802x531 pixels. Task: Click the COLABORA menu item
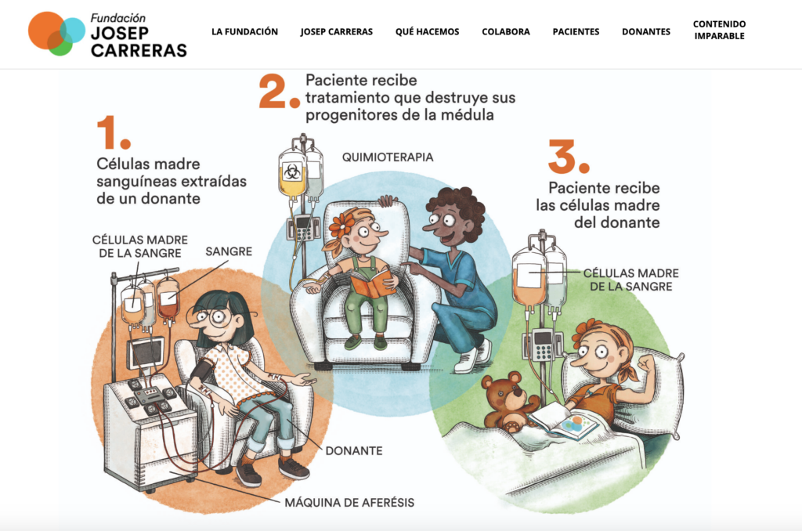505,31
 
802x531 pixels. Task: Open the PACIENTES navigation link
576,31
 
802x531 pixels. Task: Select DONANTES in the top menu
646,31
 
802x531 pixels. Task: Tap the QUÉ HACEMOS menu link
427,31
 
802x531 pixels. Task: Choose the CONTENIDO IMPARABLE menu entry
719,31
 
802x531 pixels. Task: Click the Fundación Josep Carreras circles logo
56,33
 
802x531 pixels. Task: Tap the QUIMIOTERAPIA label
388,157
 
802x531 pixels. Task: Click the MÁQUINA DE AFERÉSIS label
349,502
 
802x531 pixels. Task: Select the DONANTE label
354,450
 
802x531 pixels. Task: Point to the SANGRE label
229,251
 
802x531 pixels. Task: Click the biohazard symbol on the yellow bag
292,172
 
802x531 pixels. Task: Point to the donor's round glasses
211,316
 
